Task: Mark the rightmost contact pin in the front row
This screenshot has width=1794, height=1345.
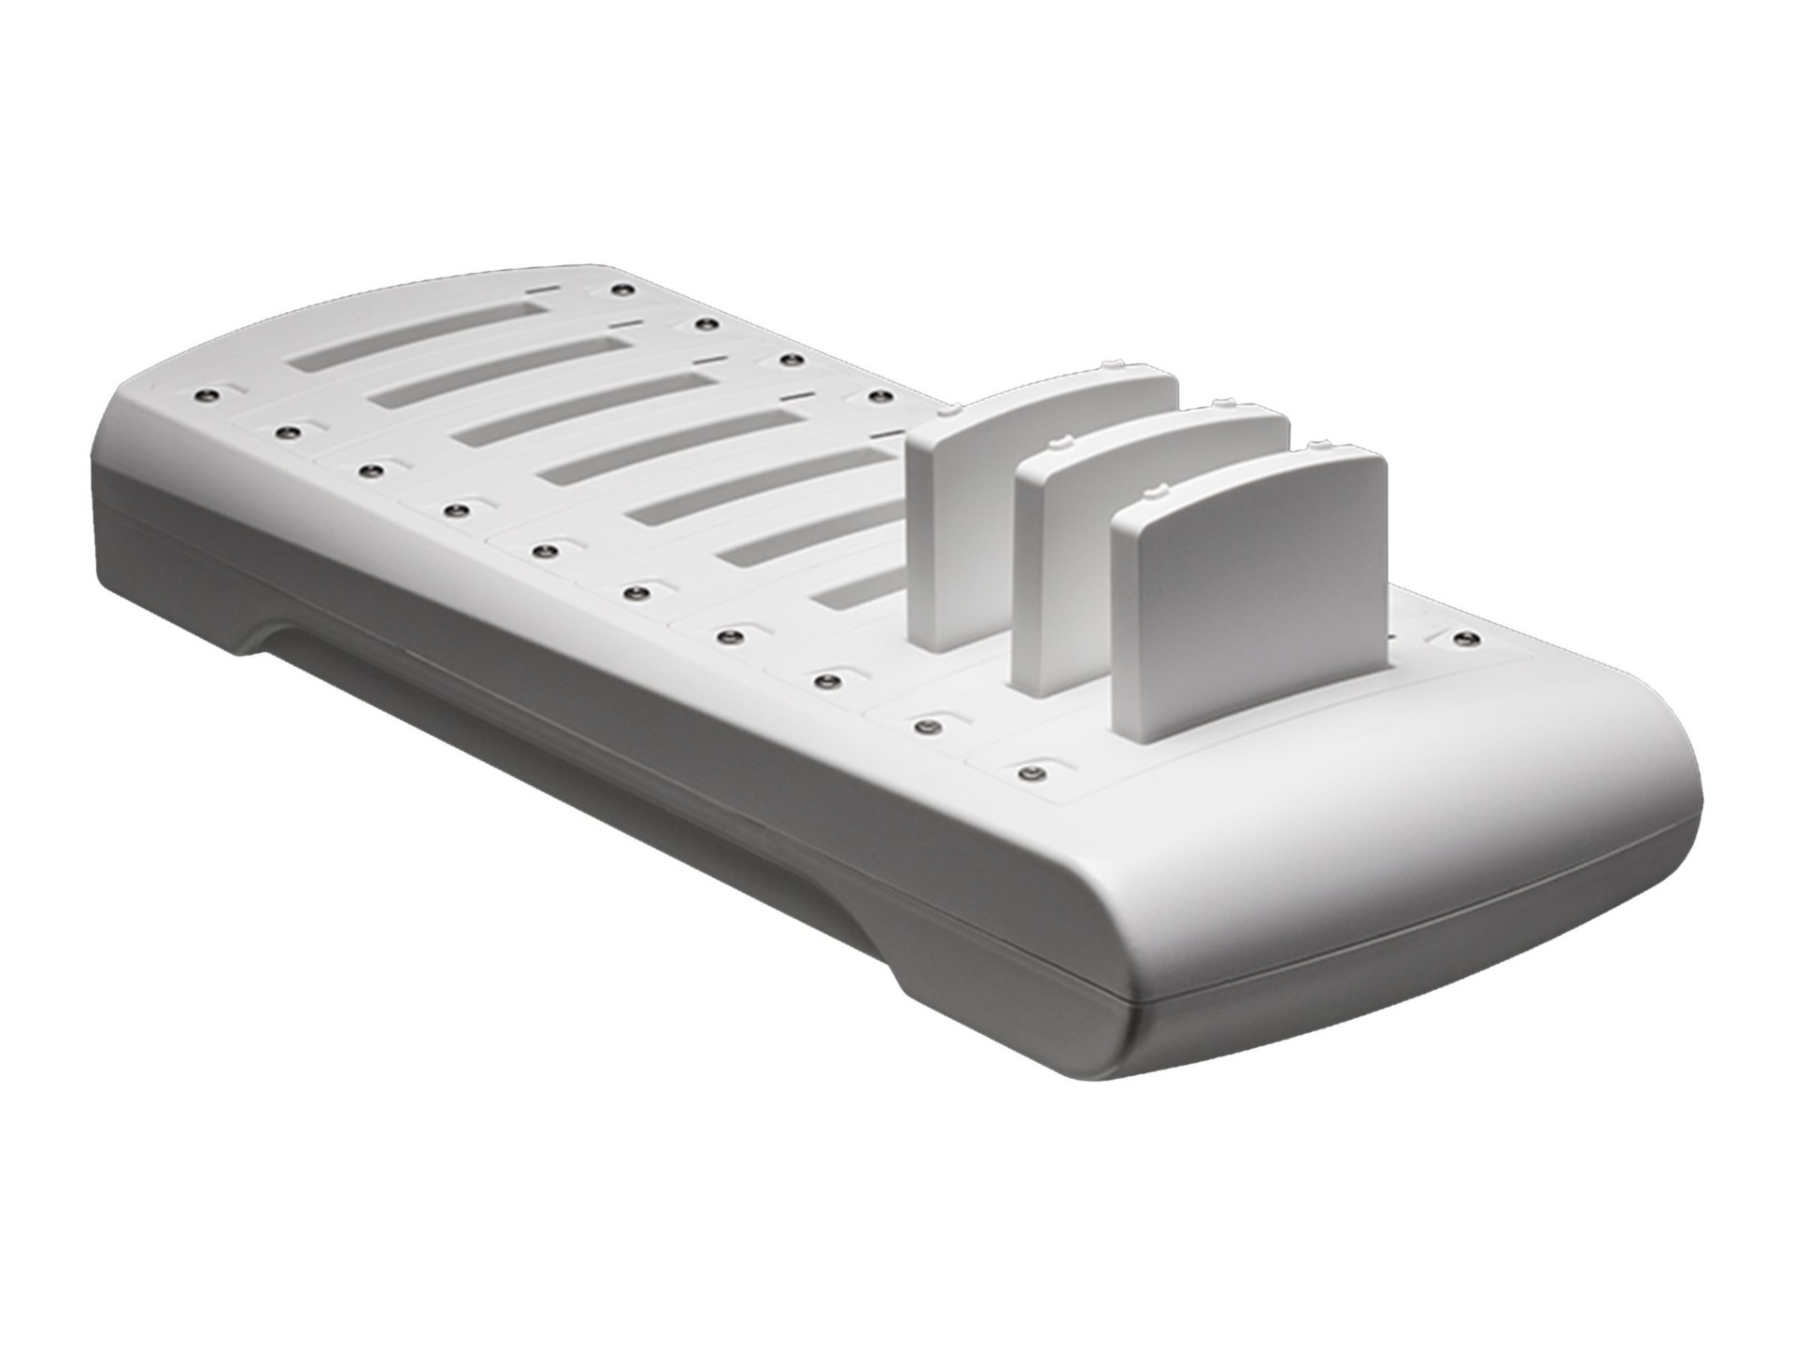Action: pyautogui.click(x=1030, y=773)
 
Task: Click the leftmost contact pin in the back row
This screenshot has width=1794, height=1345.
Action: pyautogui.click(x=617, y=289)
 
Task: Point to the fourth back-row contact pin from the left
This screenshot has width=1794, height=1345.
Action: pyautogui.click(x=876, y=397)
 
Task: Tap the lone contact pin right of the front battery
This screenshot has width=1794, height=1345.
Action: pyautogui.click(x=1464, y=640)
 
